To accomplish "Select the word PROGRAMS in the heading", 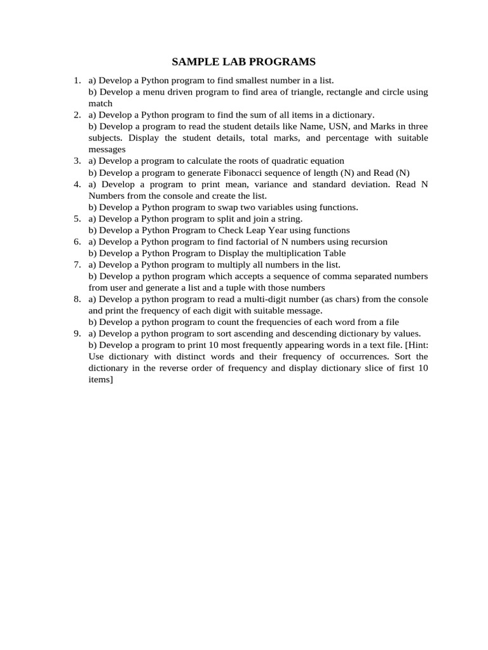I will click(284, 62).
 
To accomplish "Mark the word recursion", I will click(366, 242).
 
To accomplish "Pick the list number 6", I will click(77, 242).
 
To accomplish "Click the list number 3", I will click(77, 161).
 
